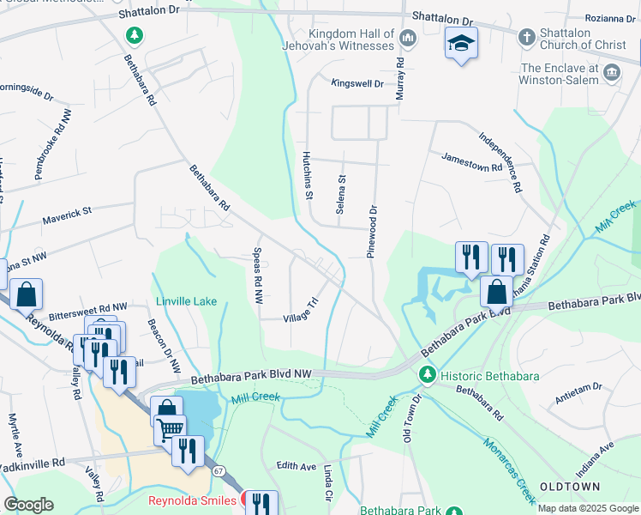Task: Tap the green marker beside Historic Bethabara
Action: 427,374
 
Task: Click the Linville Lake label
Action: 186,301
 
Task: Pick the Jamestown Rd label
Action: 470,161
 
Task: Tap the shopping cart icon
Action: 170,427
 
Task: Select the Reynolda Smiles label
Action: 191,500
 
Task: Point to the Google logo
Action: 29,505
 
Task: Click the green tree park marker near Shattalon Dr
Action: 134,35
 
